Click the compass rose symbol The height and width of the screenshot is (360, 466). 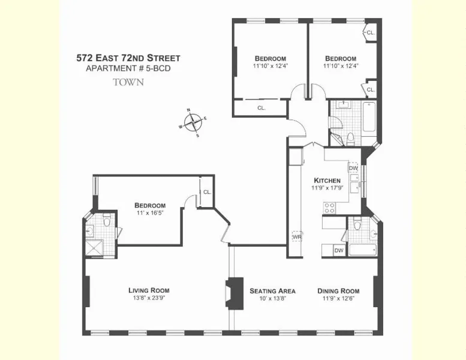[x=193, y=122]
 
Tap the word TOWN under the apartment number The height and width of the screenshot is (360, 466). [x=128, y=82]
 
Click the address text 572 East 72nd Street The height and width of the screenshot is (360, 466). [x=128, y=58]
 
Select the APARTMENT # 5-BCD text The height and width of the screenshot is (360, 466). [x=128, y=69]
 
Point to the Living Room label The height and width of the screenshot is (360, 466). [x=148, y=290]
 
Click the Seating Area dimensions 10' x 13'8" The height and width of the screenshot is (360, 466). [x=268, y=298]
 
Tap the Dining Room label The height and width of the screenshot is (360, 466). [x=339, y=290]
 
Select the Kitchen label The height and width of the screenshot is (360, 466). [x=327, y=180]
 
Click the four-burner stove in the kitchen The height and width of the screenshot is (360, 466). [x=330, y=208]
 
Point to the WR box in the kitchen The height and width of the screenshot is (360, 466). [x=296, y=237]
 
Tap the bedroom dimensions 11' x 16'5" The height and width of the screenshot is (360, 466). [x=150, y=213]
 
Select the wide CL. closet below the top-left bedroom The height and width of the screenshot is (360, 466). [x=261, y=108]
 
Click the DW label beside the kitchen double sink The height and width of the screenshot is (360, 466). [x=353, y=169]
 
